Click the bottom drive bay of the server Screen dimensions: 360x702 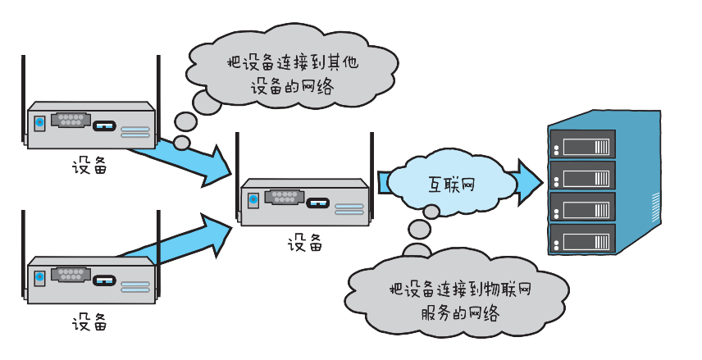pyautogui.click(x=585, y=239)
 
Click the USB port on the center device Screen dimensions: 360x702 pyautogui.click(x=319, y=200)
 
